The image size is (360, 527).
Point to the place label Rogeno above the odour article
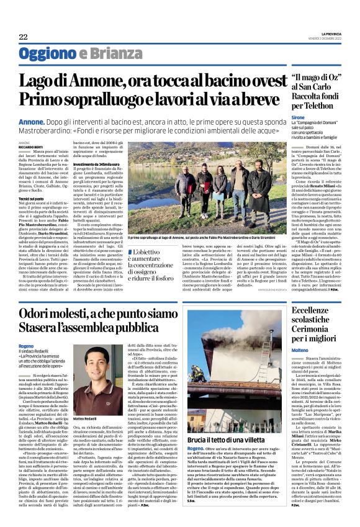(26, 345)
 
